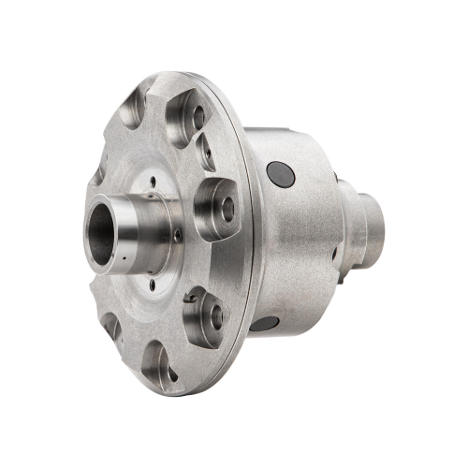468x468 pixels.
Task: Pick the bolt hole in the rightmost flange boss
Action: pyautogui.click(x=227, y=209)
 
